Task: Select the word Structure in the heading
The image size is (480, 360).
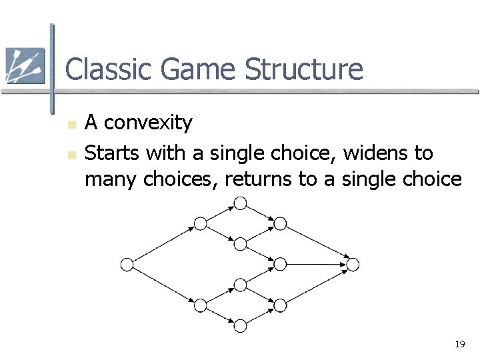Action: click(x=304, y=69)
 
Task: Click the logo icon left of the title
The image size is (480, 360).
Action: click(x=25, y=65)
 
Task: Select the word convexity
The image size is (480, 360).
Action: click(x=149, y=123)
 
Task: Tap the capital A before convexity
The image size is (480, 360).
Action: click(x=93, y=123)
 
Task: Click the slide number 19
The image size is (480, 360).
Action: click(x=459, y=345)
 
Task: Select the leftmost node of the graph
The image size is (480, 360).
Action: click(x=127, y=265)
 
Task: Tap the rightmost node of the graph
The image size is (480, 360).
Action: click(x=353, y=265)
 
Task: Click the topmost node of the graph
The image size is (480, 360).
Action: click(x=240, y=202)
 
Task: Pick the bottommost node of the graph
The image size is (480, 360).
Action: click(x=240, y=326)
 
